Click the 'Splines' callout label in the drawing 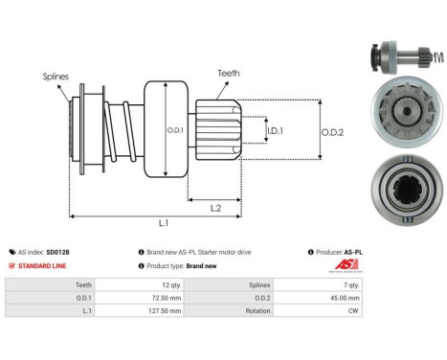pyautogui.click(x=55, y=75)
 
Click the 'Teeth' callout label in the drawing pyautogui.click(x=228, y=71)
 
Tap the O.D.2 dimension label pyautogui.click(x=331, y=132)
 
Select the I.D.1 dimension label pyautogui.click(x=274, y=129)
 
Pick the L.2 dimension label pyautogui.click(x=216, y=207)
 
